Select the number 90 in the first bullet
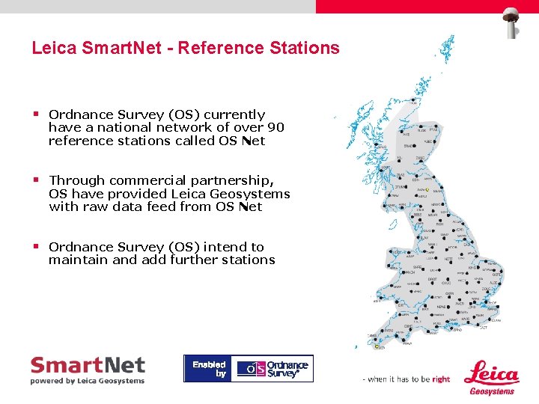tap(276, 128)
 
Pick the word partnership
tap(236, 181)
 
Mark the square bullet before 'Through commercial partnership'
tap(35, 180)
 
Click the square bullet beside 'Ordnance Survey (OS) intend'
tap(35, 246)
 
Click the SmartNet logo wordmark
tap(88, 365)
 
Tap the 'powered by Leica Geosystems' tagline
tap(88, 381)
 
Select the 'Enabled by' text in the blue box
tap(209, 369)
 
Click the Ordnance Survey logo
tap(272, 368)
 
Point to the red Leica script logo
tap(491, 373)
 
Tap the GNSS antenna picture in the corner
tap(513, 20)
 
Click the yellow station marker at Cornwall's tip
tap(376, 346)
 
